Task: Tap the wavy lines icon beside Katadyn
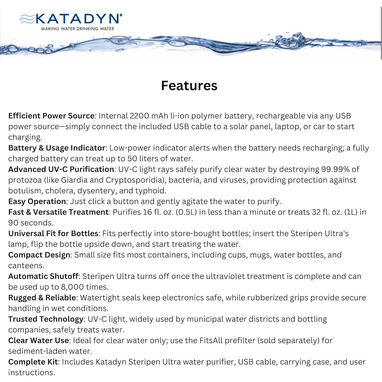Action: pos(26,19)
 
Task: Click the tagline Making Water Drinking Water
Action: pos(77,29)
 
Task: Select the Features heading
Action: pos(189,86)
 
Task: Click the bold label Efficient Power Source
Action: pos(51,116)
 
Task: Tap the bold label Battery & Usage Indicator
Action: pos(57,148)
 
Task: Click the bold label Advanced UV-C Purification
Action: pos(61,169)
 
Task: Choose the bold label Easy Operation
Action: pos(37,201)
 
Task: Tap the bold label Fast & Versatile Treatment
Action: pos(58,212)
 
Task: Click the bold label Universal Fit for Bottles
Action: pos(53,234)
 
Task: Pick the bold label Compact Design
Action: pos(39,255)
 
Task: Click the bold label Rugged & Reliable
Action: pos(42,298)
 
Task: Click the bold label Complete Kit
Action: pos(33,362)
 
